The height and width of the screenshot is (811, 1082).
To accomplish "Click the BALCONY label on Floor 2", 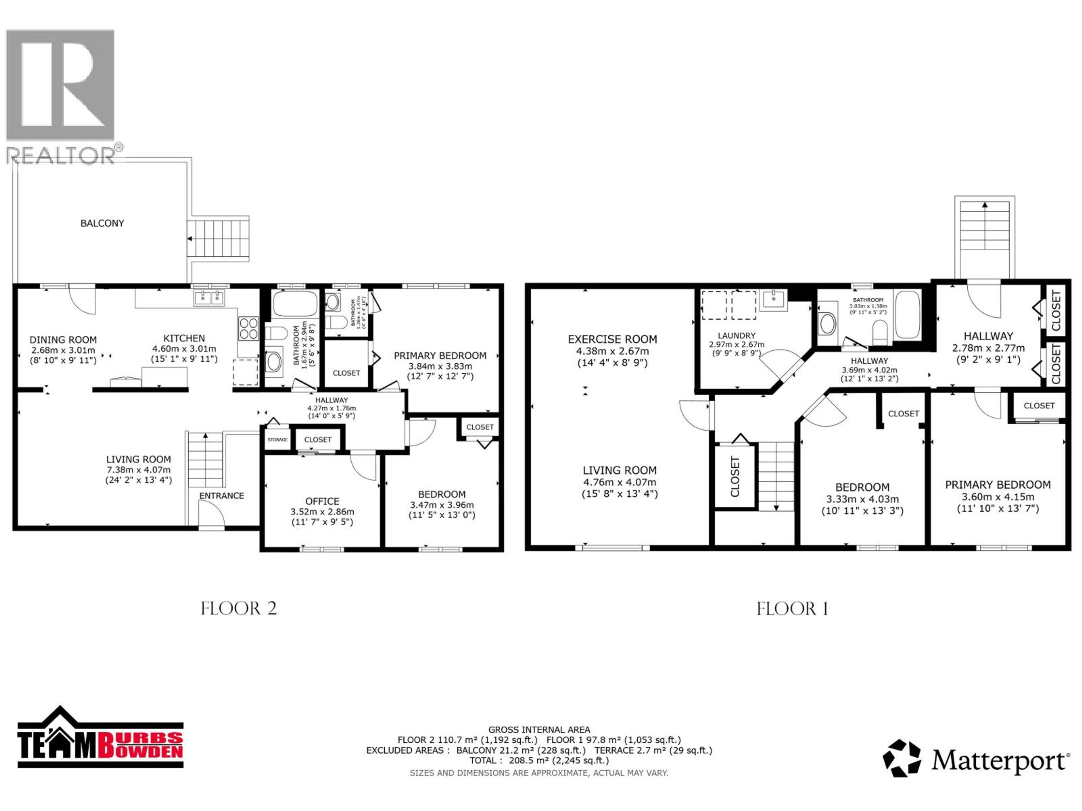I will coord(102,223).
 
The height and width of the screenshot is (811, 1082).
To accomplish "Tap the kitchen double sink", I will coord(209,298).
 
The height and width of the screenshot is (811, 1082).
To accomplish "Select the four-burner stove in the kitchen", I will coord(249,329).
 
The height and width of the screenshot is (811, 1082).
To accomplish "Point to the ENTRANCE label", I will coord(221,496).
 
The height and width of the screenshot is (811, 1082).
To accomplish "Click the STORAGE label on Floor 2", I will coord(277,440).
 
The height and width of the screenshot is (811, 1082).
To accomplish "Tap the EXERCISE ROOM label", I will coord(612,339).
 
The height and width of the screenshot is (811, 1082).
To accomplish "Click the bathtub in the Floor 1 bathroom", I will coord(907,314).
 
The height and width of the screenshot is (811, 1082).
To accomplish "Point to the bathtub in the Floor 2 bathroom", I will coord(295,304).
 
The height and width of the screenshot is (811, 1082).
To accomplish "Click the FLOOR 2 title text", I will coord(239,609).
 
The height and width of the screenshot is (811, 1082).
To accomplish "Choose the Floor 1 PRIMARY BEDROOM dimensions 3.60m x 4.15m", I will coord(998,497).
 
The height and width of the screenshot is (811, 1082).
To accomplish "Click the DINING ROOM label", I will coord(63,340).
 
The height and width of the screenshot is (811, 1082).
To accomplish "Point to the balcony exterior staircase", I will coord(218,239).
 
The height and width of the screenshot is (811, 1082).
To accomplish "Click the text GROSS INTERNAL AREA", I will coord(539,730).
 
